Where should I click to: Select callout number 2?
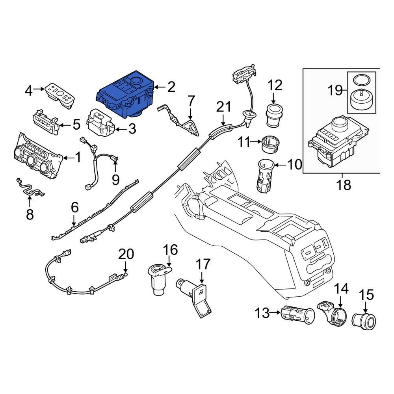(x=171, y=87)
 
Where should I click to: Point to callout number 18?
(x=344, y=185)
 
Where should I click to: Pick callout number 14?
(x=342, y=289)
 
